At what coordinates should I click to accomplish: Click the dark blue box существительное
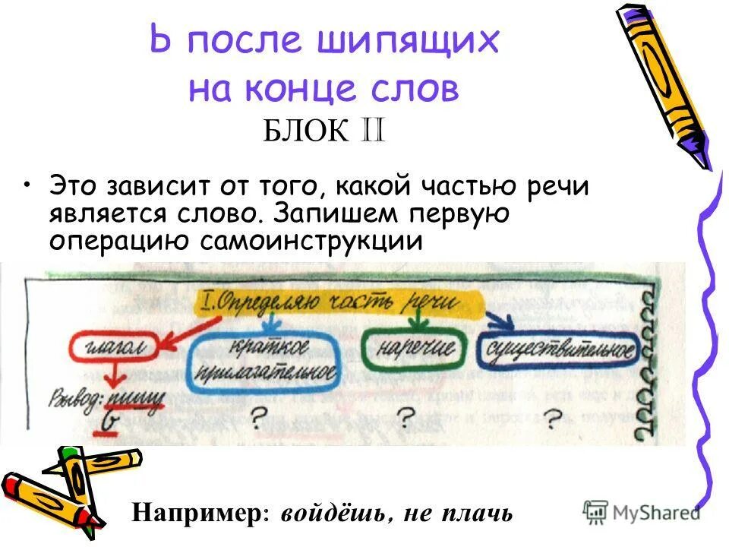click(x=557, y=351)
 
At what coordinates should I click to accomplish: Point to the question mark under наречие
click(x=406, y=416)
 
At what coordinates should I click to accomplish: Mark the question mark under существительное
click(x=557, y=418)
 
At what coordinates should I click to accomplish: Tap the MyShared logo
click(x=642, y=511)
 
